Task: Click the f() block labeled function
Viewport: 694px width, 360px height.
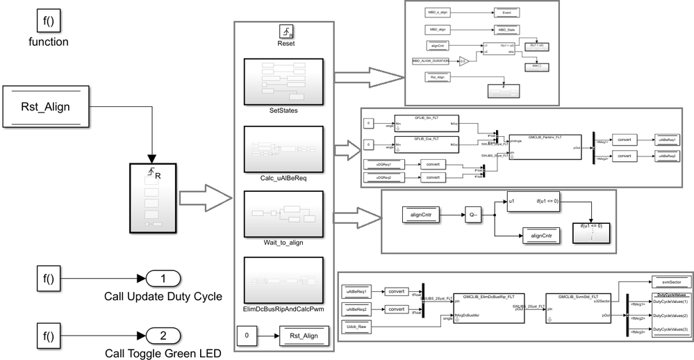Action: [48, 21]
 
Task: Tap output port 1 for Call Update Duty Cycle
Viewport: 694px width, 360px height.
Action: [163, 280]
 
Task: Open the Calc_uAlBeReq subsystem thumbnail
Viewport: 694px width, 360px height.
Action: [285, 147]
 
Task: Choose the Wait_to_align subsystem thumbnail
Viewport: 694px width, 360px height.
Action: [285, 213]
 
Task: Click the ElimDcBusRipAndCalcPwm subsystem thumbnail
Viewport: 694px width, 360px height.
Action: [285, 279]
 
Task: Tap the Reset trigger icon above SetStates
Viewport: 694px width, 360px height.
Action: [285, 31]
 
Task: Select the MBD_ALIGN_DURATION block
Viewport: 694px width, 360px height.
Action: [433, 61]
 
